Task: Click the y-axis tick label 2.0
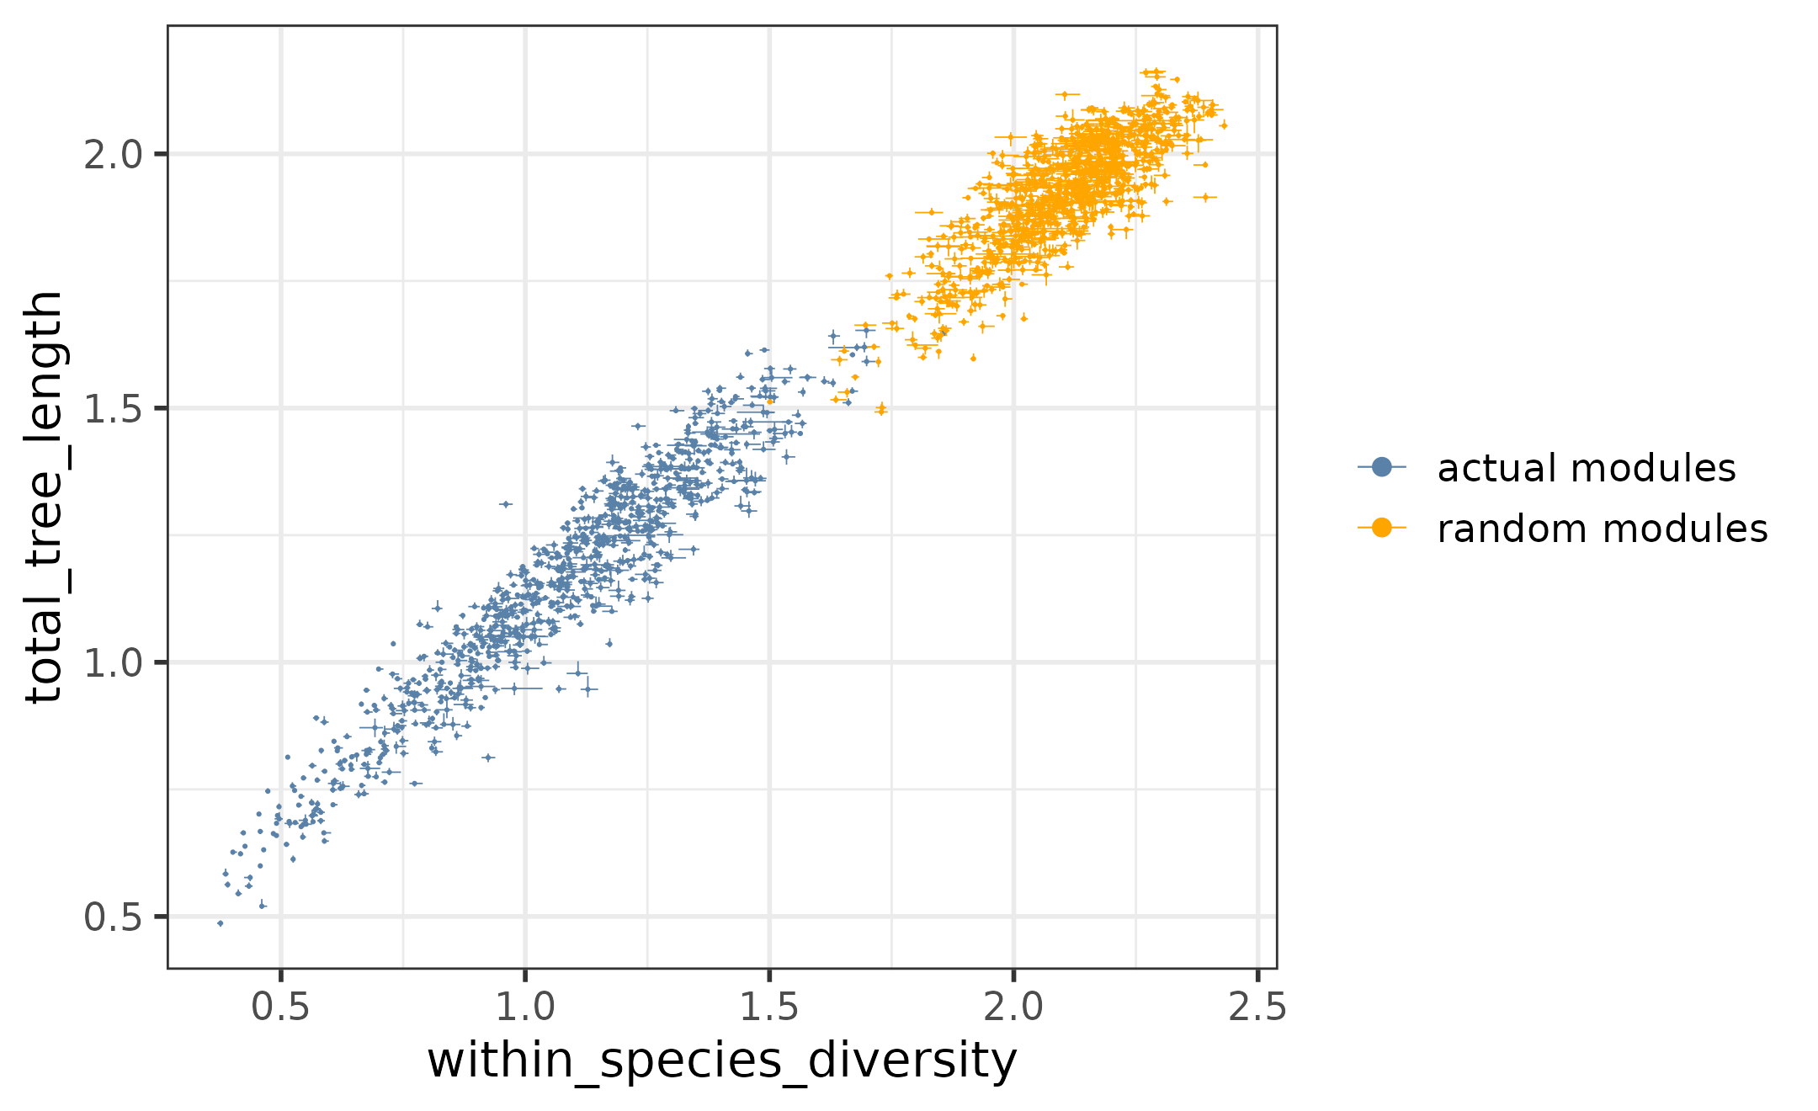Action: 113,155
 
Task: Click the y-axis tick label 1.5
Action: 113,409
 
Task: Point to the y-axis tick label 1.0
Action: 113,663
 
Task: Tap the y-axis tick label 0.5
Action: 113,917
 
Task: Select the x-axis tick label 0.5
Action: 280,1007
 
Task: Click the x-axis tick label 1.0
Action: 524,1007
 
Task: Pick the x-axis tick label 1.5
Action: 768,1007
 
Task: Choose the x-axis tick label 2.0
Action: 1013,1007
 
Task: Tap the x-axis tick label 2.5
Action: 1257,1007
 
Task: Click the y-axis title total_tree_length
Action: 44,497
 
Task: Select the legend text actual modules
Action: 1586,468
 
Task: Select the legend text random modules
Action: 1602,529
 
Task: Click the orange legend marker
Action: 1381,528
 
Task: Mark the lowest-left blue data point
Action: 221,923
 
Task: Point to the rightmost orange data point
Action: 1224,125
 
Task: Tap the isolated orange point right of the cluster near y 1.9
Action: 1205,197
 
